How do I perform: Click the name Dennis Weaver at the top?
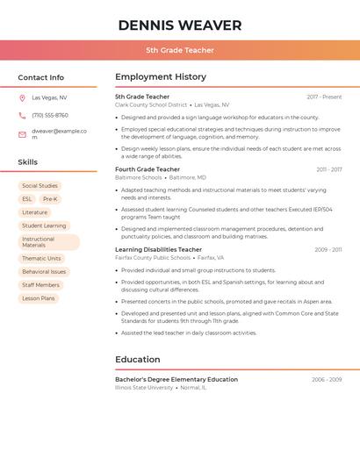point(179,25)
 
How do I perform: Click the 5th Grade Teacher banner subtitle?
point(179,50)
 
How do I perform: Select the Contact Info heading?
point(40,77)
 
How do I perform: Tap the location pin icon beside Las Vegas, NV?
point(22,97)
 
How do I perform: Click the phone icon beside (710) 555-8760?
point(22,116)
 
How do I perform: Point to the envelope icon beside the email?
point(22,134)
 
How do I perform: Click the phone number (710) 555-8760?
point(50,116)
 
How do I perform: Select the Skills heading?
point(28,162)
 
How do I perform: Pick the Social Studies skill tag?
point(40,186)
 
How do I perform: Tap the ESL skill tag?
point(27,199)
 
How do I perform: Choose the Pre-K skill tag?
point(50,199)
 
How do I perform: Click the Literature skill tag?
point(35,212)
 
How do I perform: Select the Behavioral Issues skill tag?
point(44,272)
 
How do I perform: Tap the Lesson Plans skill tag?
point(38,298)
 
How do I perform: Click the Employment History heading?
point(161,77)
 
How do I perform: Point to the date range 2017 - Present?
point(324,97)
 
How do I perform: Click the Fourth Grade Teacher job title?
point(148,169)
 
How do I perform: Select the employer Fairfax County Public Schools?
point(153,258)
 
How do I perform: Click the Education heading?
point(138,359)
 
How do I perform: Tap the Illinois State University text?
point(144,387)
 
